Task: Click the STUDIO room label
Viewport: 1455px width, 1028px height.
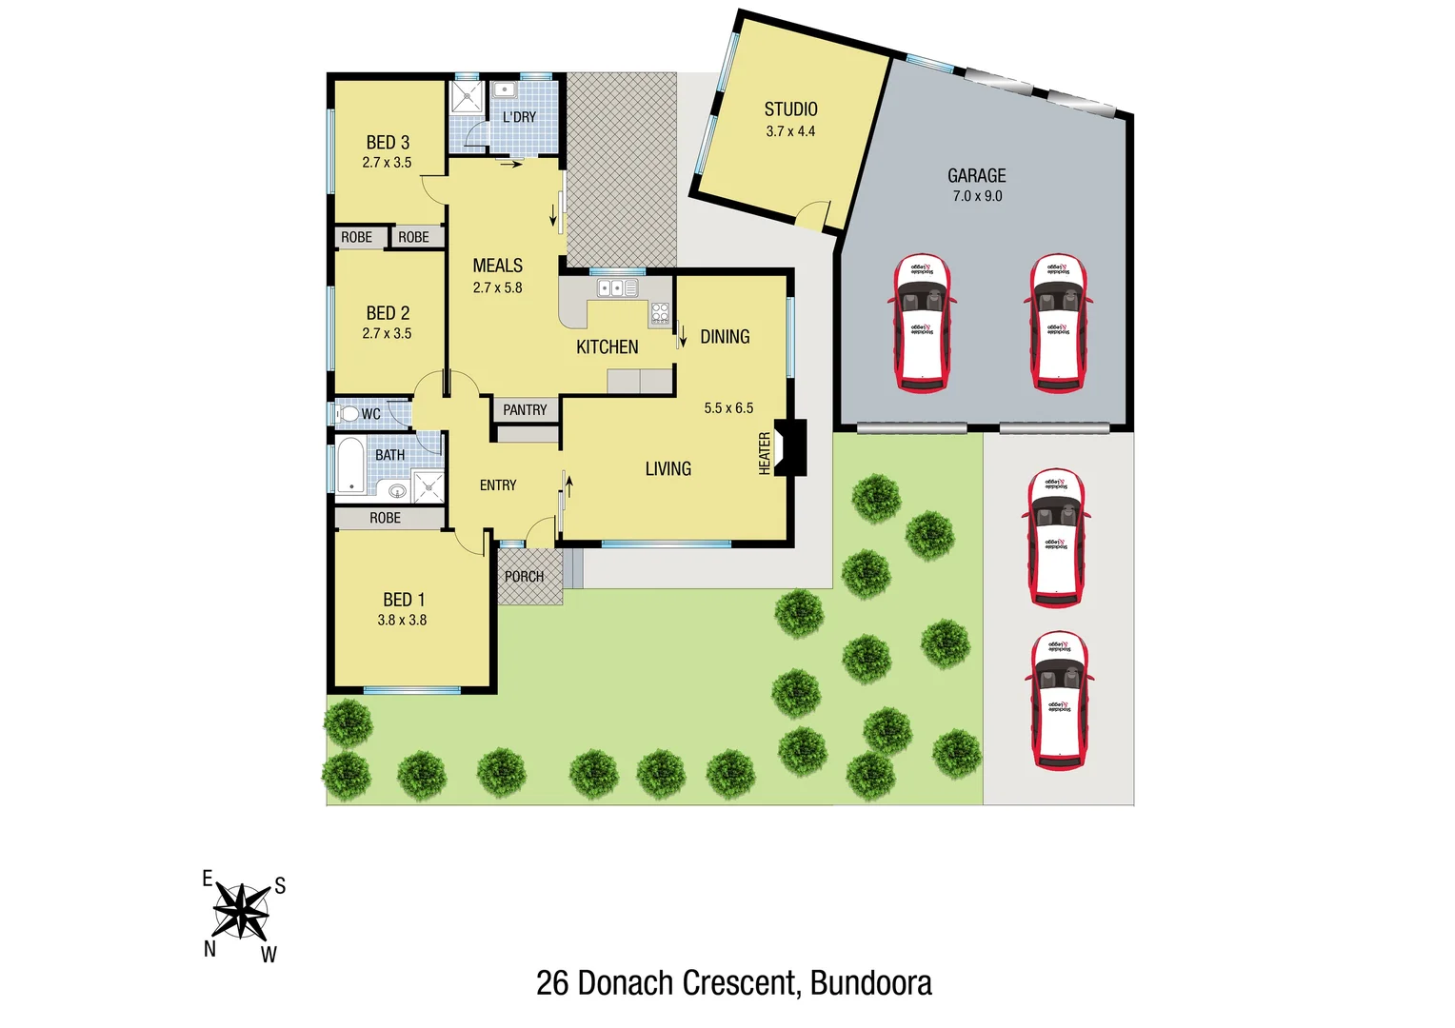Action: tap(790, 109)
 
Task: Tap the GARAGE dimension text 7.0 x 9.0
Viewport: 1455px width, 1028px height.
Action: tap(977, 196)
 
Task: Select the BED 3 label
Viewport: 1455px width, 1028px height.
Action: tap(388, 143)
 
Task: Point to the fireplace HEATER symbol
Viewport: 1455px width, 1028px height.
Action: tap(790, 447)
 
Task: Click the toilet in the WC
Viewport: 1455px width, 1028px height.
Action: tap(348, 414)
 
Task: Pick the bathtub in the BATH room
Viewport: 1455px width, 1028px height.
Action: tap(350, 465)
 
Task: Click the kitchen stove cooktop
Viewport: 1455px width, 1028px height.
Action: tap(660, 312)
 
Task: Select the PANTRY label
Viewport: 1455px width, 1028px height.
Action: tap(525, 410)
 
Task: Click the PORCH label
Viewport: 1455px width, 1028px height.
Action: tap(524, 577)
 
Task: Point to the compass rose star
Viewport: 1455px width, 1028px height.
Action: tap(241, 911)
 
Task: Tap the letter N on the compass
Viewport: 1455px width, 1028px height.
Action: tap(209, 949)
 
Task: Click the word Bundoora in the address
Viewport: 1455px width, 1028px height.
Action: tap(870, 983)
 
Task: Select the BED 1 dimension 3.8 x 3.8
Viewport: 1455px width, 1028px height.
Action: tap(402, 620)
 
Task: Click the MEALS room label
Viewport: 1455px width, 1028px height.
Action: tap(497, 266)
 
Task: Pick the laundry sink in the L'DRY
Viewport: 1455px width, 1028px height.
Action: tap(503, 90)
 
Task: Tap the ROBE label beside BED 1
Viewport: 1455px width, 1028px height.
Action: tap(385, 518)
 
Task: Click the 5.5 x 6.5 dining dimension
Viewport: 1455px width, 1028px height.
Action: tap(728, 408)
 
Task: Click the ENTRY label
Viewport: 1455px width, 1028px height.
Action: tap(498, 485)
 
